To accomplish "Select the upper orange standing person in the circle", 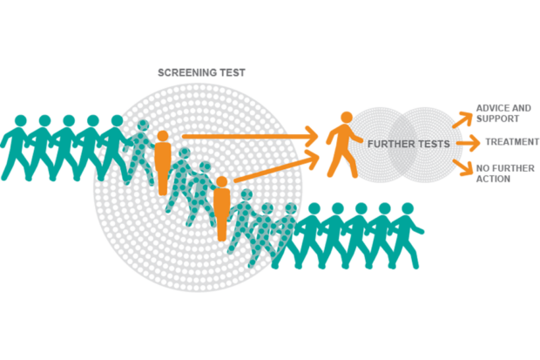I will point(162,157).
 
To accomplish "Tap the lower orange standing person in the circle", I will point(221,209).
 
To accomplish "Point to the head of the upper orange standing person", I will point(162,135).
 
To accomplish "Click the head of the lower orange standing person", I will point(221,182).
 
